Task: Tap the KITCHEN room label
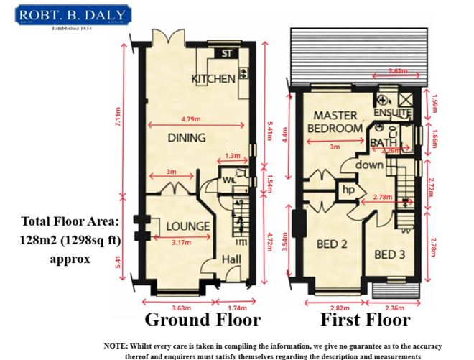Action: click(x=213, y=78)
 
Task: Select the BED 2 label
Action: click(x=332, y=244)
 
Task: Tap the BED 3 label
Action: click(x=390, y=254)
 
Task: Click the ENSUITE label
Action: click(x=392, y=114)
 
